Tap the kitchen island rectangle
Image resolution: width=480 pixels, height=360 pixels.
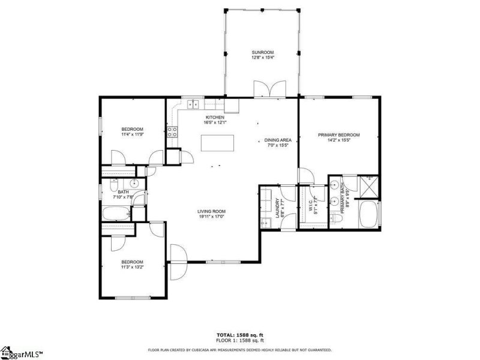pos(215,143)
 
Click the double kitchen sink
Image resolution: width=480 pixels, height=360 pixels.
pos(193,104)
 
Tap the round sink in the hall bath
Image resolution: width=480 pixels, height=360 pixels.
pos(135,184)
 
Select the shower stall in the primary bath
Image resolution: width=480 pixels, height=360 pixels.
pos(368,187)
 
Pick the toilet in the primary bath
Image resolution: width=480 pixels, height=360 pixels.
pos(337,220)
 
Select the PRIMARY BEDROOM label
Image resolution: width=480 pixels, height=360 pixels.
pos(338,135)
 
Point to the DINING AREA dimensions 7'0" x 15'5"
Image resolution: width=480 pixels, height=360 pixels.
pos(277,145)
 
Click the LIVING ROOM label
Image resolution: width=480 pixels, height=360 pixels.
pos(211,211)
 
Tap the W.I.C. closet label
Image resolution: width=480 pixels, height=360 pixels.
pos(311,206)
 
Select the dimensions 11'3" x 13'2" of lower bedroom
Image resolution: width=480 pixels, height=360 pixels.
pos(132,267)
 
